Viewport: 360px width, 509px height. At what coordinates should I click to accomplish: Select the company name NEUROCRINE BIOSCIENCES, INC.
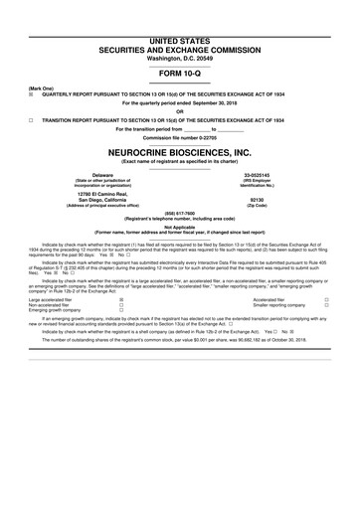(x=180, y=153)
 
